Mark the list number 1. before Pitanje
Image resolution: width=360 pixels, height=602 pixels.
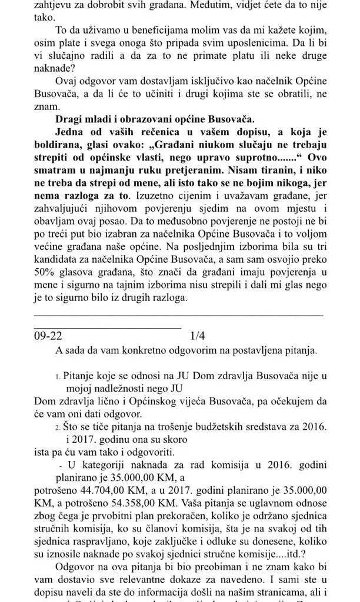57,374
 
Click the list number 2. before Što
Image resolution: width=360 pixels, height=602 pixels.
57,424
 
